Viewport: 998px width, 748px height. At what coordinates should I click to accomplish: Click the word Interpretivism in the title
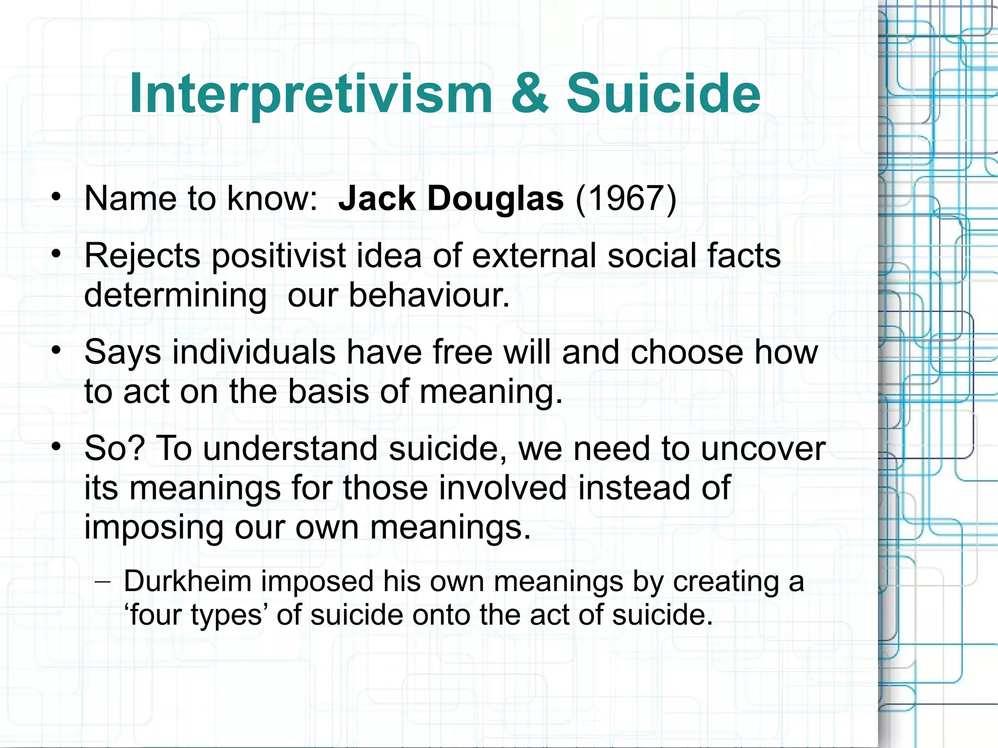click(x=311, y=94)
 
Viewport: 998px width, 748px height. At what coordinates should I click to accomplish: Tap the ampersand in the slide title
click(x=530, y=94)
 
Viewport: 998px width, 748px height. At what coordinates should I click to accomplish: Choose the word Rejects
click(x=142, y=256)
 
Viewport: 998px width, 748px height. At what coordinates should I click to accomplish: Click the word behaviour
click(x=429, y=295)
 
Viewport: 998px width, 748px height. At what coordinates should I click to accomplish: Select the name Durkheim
click(x=187, y=581)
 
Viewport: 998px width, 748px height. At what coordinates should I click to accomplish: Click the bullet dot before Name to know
click(x=57, y=197)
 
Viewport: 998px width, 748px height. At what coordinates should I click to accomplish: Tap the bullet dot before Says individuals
click(x=57, y=350)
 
